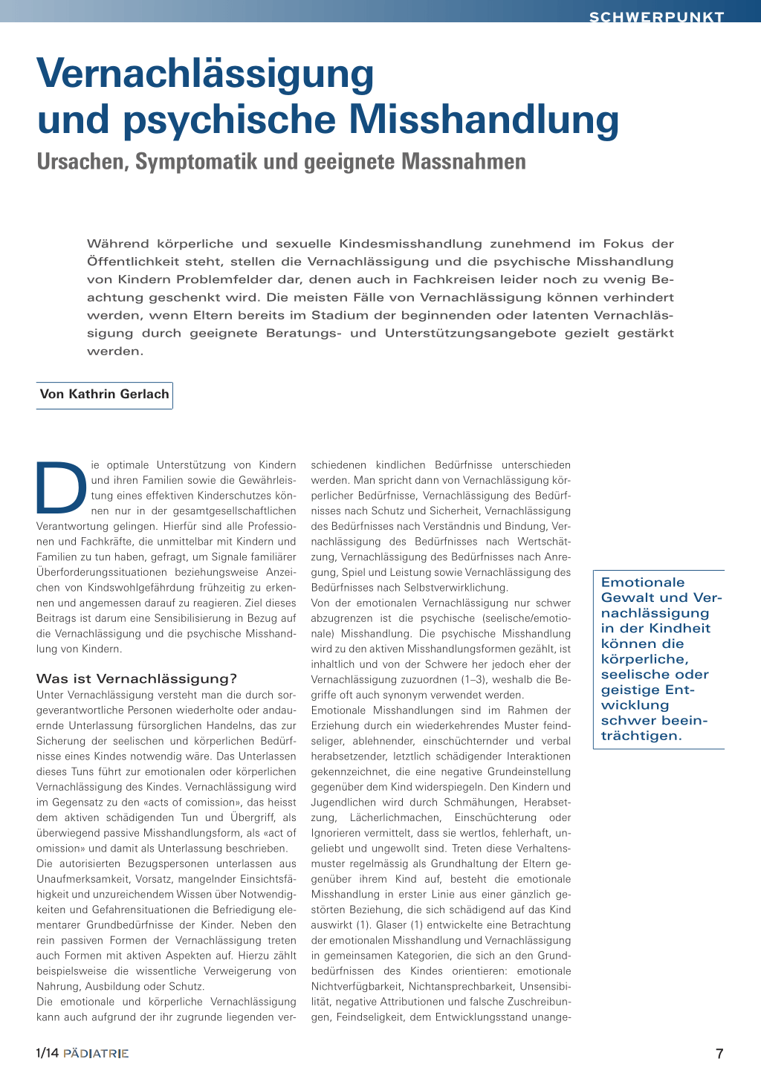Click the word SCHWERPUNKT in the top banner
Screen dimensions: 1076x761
coord(656,17)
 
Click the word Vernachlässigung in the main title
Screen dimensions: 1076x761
coord(206,74)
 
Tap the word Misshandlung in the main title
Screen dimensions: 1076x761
coord(484,120)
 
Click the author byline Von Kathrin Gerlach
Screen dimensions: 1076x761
coord(105,395)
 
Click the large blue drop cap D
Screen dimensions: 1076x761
coord(61,487)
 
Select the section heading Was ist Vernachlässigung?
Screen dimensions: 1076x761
coord(137,678)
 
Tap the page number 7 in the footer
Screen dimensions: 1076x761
coord(719,1053)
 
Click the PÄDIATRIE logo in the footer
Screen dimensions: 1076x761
coord(96,1053)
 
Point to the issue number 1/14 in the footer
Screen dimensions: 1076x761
coord(48,1053)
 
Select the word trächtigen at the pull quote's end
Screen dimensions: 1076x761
coord(641,736)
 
